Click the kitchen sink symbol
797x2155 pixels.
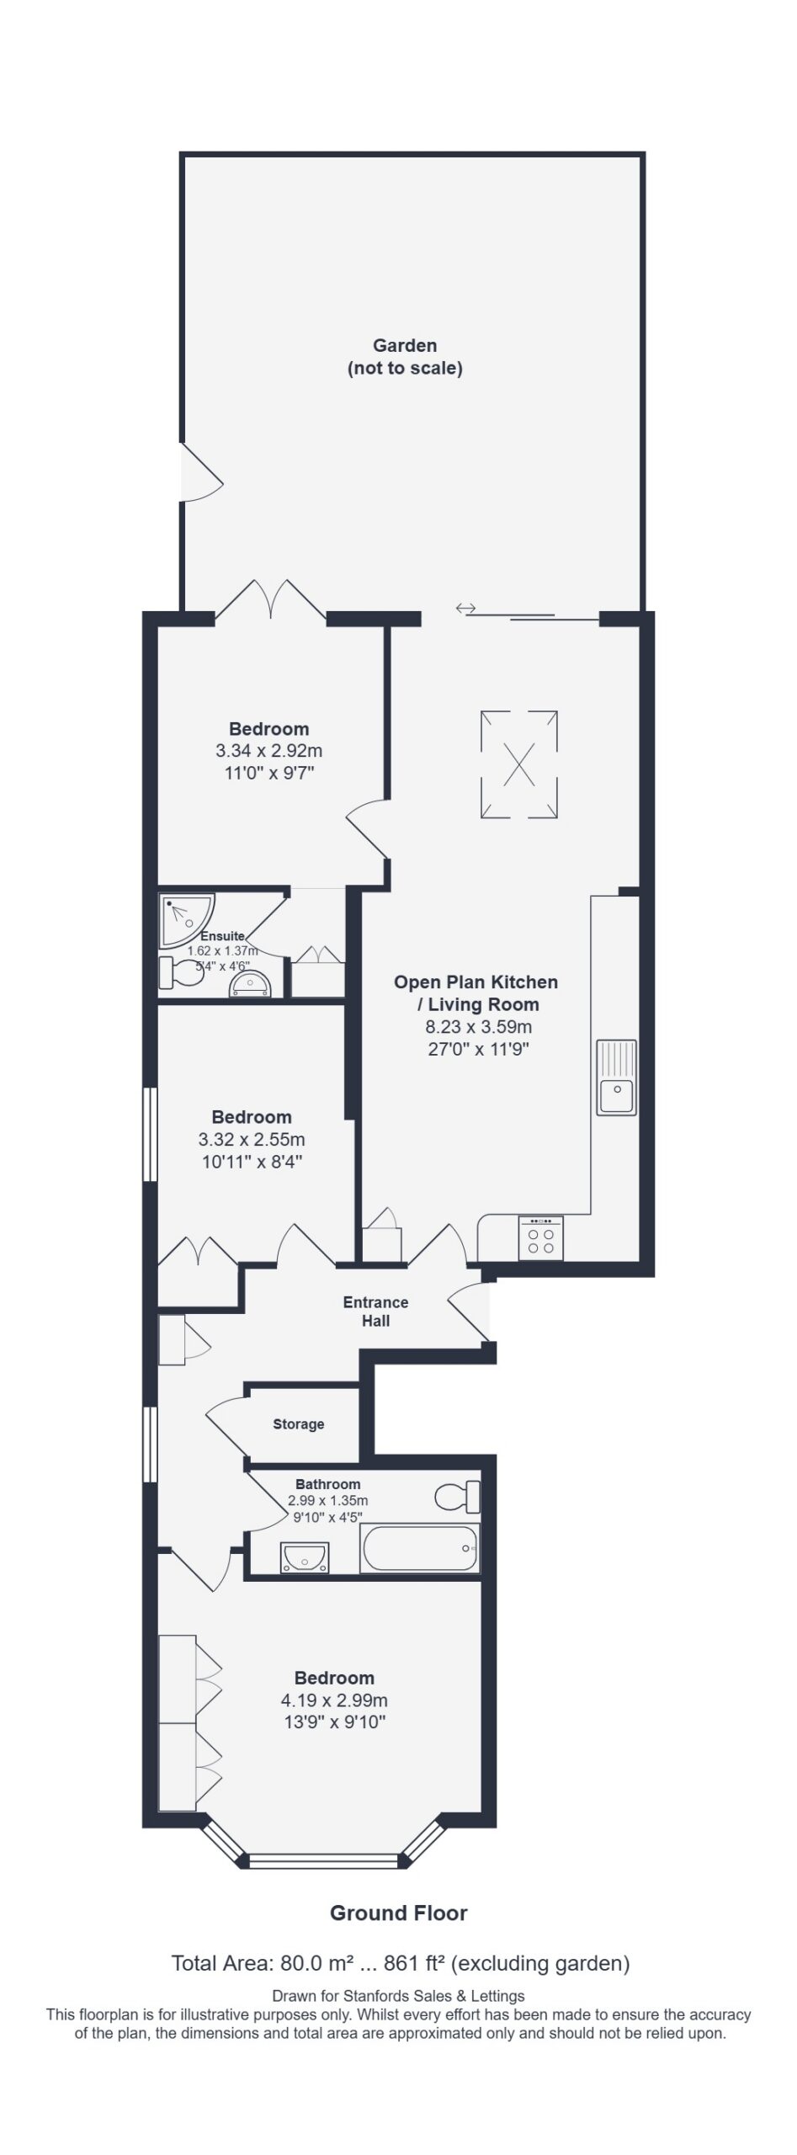coord(617,1077)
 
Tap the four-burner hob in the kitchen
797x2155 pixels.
coord(540,1238)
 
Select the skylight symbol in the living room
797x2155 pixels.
coord(519,764)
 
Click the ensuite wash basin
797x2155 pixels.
coord(252,986)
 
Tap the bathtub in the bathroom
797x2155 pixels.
coord(420,1549)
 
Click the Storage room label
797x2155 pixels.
coord(299,1424)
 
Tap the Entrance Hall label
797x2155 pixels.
coord(375,1312)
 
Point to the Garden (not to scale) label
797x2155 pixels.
coord(405,357)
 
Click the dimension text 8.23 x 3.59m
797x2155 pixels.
coord(478,1027)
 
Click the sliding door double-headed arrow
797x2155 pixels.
coord(465,608)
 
